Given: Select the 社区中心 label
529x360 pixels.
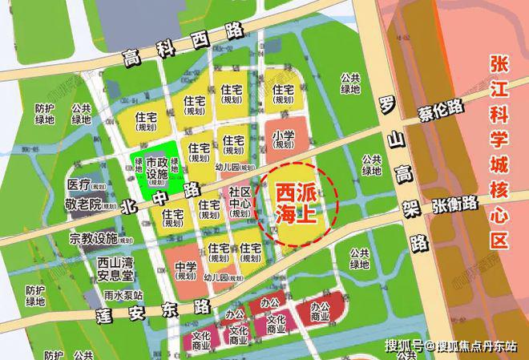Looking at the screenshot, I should (x=240, y=204).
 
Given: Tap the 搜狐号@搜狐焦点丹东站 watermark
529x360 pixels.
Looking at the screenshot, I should (x=453, y=346).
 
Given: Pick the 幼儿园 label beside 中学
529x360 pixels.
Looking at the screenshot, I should (x=223, y=277).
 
